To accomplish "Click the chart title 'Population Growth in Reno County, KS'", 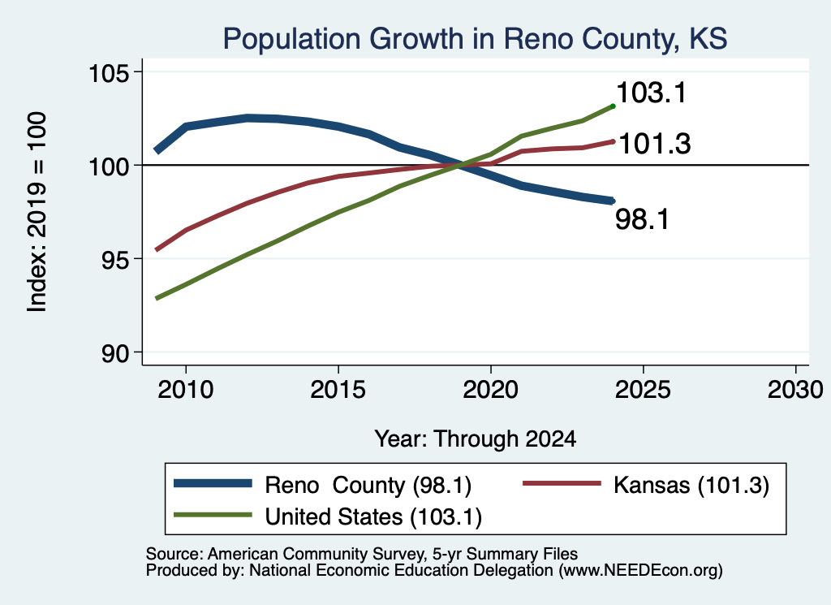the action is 475,39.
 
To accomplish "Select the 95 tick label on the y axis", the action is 116,259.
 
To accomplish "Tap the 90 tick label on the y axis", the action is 116,353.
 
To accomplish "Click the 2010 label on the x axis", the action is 186,390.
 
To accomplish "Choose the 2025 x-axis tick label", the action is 643,390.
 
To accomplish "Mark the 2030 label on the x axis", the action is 795,390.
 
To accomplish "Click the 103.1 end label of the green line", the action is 652,93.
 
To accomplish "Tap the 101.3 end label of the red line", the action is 655,144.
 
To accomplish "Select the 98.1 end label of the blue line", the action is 643,219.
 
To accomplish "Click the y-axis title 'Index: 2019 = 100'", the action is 37,212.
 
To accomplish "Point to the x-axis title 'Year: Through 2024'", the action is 476,439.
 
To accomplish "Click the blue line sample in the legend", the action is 213,483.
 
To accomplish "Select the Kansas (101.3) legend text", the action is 691,485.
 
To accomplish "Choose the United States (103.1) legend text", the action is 373,516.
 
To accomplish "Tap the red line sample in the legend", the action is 562,483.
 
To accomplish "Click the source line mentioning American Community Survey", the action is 361,554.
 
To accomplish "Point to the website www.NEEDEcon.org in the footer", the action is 640,571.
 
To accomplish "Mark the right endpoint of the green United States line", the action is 614,106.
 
